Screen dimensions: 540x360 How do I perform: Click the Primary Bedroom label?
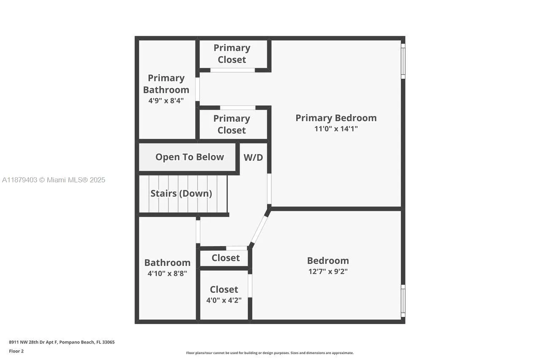coord(336,118)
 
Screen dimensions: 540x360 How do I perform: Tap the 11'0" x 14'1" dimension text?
coord(336,129)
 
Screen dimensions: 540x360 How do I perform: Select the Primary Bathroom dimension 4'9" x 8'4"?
coord(166,100)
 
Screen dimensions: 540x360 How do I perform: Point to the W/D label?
coord(253,157)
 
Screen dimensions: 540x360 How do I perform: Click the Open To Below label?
coord(190,157)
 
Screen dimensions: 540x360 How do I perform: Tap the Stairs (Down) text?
coord(181,193)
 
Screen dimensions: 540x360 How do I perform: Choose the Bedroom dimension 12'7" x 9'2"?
coord(328,271)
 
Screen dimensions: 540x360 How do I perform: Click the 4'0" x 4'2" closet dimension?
coord(224,300)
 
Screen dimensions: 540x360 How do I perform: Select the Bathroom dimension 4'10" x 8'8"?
coord(167,273)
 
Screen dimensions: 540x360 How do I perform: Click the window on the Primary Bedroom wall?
coord(403,61)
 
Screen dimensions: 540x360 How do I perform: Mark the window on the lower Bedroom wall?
coord(403,300)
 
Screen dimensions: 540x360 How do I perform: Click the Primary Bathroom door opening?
coord(197,89)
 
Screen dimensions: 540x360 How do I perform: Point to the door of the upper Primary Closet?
coord(232,70)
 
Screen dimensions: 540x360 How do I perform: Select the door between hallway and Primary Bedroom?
coord(269,189)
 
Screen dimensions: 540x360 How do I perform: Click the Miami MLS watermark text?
coord(54,180)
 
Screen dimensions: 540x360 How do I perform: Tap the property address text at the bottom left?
coord(62,342)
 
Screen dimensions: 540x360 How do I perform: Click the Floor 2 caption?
coord(16,351)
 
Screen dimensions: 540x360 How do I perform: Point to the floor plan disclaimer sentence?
coord(270,353)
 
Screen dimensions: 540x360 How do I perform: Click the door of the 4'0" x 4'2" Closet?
coord(250,286)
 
